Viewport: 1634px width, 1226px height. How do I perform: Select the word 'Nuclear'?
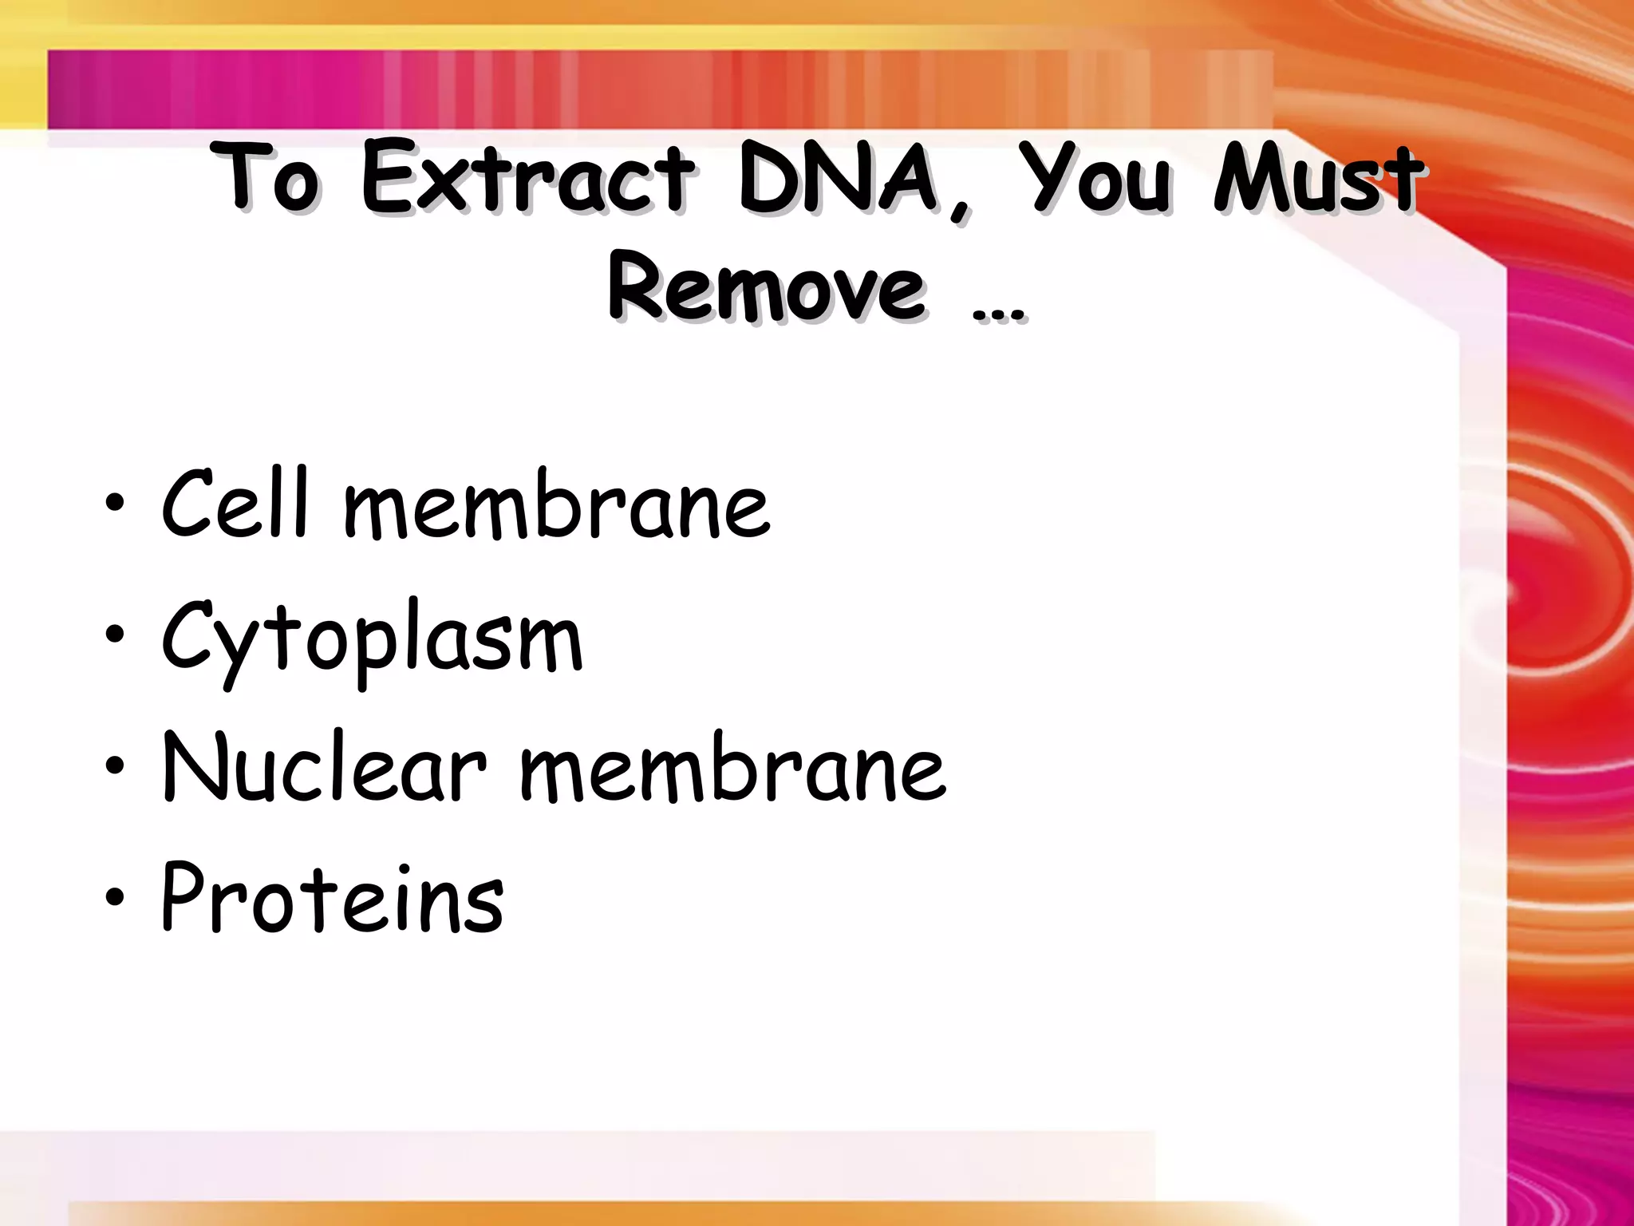point(323,766)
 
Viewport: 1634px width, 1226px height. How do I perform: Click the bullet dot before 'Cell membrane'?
point(115,504)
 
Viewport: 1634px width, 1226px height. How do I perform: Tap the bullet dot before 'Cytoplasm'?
point(115,635)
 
